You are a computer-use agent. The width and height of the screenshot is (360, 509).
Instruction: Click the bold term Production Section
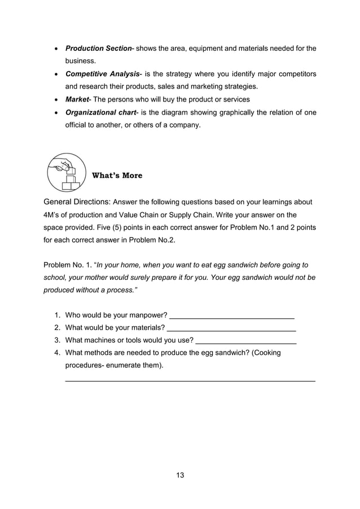[98, 49]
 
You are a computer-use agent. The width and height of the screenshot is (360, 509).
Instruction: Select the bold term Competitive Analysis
[102, 74]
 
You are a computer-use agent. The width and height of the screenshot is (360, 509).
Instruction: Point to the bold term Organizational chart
[101, 112]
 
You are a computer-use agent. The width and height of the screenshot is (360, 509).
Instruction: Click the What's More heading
[117, 175]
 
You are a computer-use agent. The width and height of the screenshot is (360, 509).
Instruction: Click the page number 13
[180, 475]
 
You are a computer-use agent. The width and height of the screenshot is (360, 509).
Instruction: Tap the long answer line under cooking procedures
[190, 382]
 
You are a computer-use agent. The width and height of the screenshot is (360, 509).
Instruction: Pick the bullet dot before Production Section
[55, 50]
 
